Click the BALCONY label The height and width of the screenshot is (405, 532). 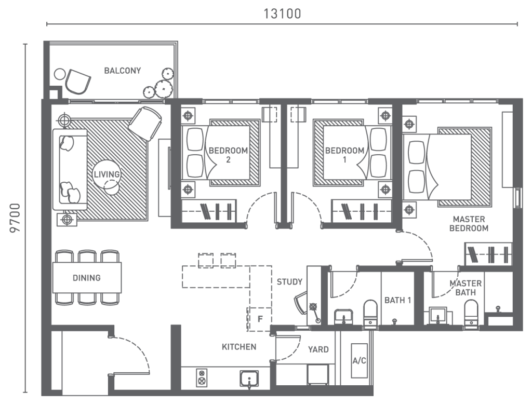[122, 71]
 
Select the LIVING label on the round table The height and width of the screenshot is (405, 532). [107, 174]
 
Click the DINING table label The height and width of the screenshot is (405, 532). [87, 278]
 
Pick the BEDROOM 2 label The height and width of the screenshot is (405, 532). [228, 155]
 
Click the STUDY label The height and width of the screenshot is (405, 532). [289, 282]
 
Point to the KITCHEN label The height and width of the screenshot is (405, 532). [239, 347]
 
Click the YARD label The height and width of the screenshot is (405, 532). [318, 349]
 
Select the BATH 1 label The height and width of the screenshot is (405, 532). [398, 300]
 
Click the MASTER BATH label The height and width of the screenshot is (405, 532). [465, 288]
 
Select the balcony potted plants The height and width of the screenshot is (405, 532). [159, 84]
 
